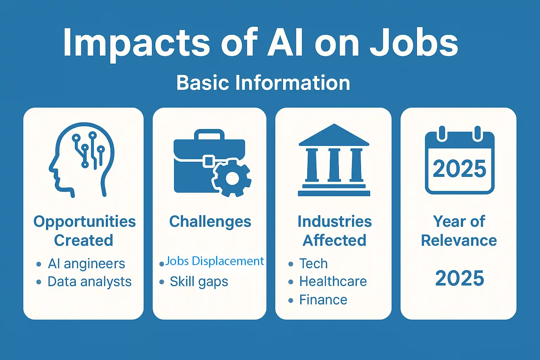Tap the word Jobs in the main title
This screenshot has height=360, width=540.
point(414,43)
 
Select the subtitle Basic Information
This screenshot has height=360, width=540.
point(263,83)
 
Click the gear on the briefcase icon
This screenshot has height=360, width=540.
point(232,178)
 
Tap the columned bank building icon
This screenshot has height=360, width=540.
point(334,160)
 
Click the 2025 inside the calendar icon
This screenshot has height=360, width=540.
point(459,169)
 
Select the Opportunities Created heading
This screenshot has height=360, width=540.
point(84,231)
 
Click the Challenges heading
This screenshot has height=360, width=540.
point(210,222)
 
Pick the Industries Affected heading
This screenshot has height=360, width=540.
point(334,231)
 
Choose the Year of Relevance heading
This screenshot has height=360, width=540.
point(459,231)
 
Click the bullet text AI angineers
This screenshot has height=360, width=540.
point(86,264)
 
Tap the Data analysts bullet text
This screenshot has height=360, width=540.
point(89,282)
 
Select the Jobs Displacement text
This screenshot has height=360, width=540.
point(214,261)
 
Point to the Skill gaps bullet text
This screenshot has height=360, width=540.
point(199,282)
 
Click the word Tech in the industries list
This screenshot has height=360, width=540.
point(313,264)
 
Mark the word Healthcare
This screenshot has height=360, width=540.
point(333,281)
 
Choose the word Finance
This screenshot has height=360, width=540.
point(323,300)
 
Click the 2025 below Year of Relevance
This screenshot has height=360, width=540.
point(459,278)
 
